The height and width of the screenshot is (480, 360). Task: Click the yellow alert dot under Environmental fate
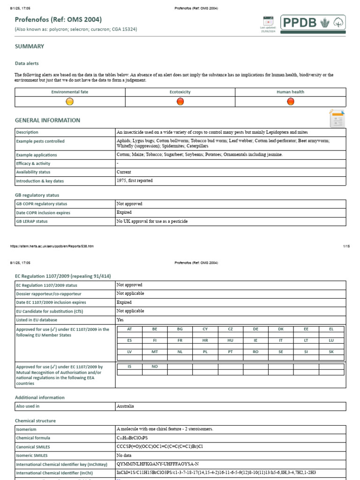(x=70, y=101)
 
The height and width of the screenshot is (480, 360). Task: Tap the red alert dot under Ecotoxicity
(x=180, y=101)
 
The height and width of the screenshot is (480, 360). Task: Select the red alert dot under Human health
(x=291, y=101)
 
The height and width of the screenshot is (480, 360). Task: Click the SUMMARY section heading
(x=30, y=46)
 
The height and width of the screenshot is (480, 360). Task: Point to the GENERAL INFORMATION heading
(x=47, y=120)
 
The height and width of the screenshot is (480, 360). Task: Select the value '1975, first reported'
(x=135, y=180)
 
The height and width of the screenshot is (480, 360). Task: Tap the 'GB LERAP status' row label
(x=32, y=221)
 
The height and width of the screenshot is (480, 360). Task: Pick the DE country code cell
(x=255, y=330)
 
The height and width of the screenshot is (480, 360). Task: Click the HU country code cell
(x=230, y=340)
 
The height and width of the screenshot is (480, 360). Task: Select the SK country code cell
(x=331, y=351)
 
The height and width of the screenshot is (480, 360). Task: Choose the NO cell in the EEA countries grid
(x=155, y=367)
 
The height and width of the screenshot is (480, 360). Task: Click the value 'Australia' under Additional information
(x=125, y=406)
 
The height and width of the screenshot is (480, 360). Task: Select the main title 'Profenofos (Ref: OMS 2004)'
(x=58, y=19)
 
